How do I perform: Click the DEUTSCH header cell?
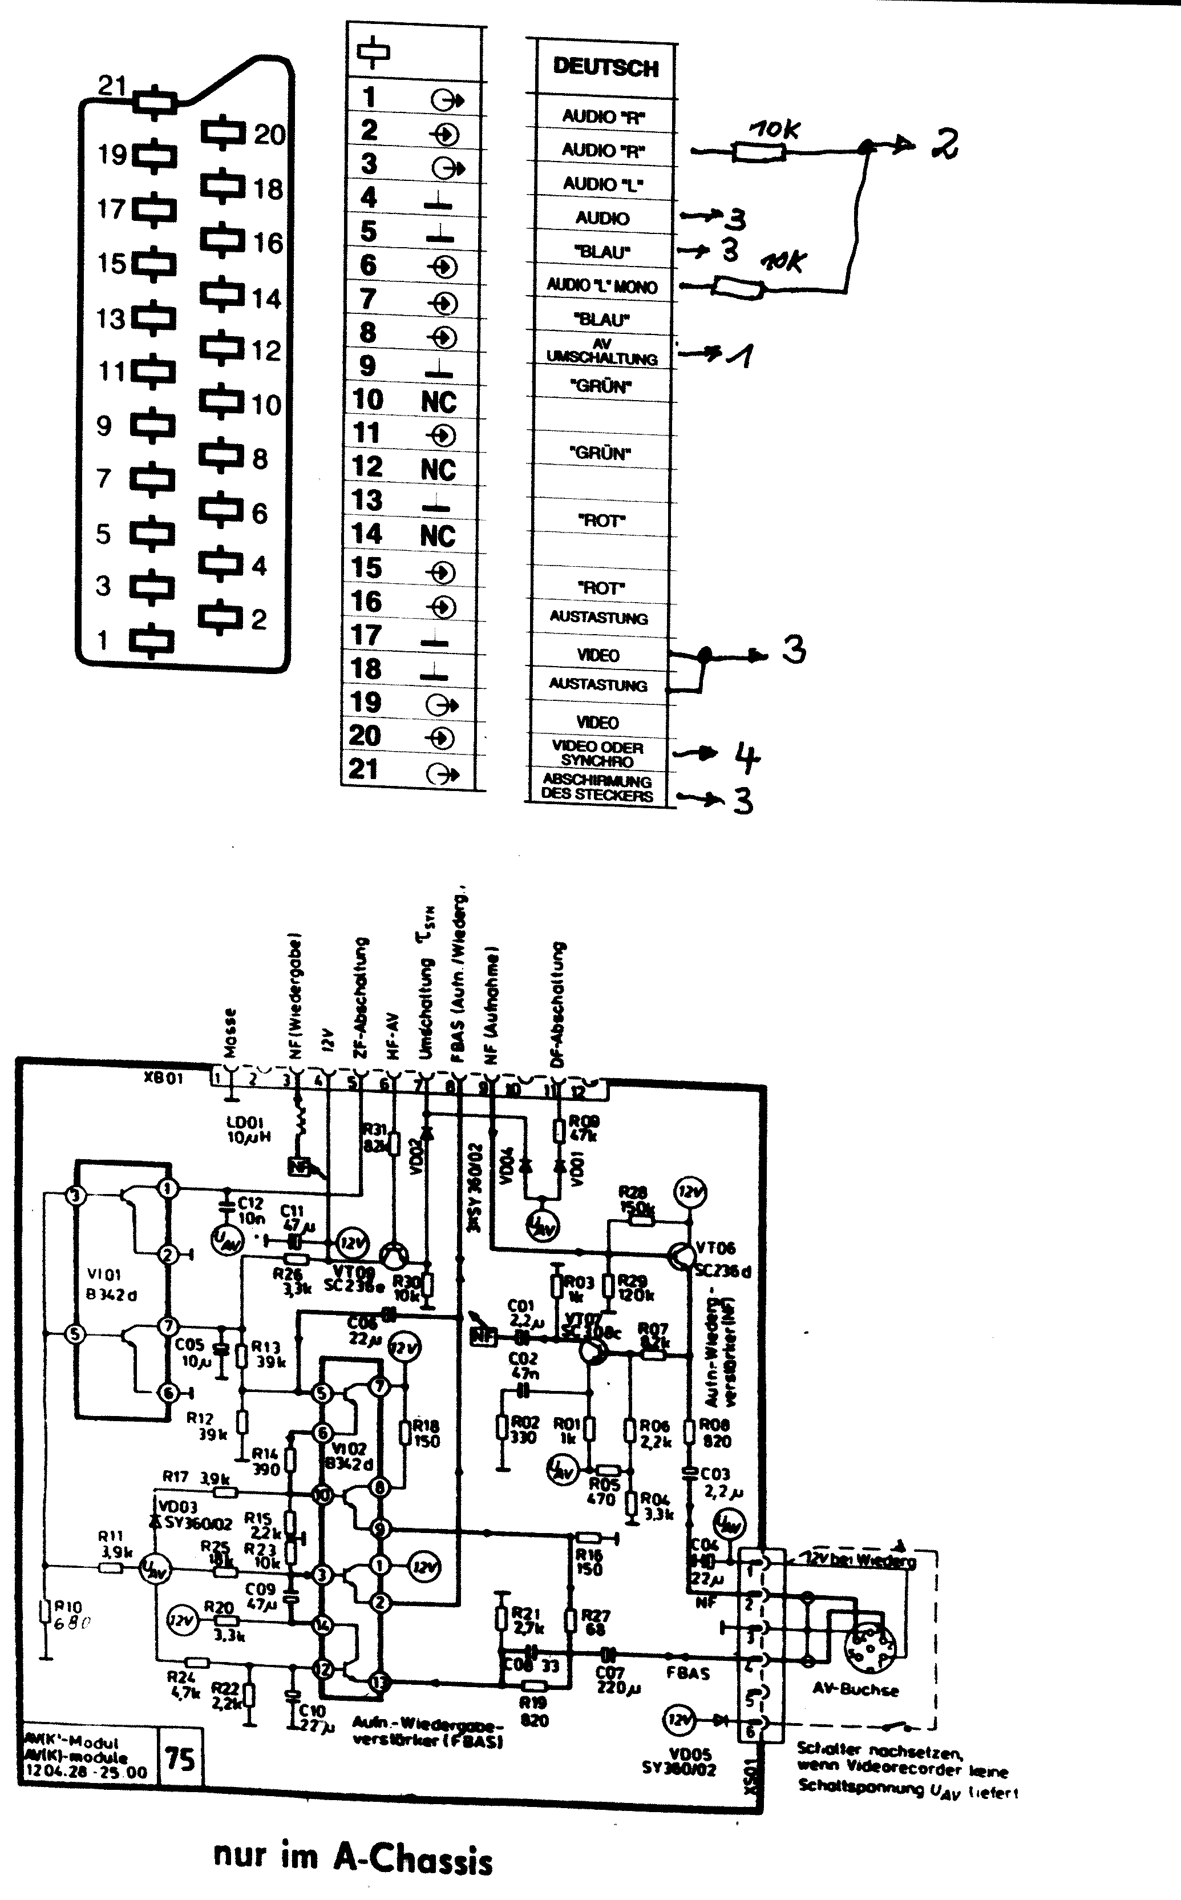(x=605, y=68)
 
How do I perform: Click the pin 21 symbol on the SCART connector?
(x=155, y=102)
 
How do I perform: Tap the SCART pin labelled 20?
(x=224, y=134)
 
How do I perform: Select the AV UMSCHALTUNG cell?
(x=601, y=352)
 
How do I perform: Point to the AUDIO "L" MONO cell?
(x=601, y=286)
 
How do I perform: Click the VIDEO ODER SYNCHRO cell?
(x=597, y=753)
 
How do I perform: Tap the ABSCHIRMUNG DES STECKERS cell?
(x=597, y=788)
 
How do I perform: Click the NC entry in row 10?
(x=438, y=402)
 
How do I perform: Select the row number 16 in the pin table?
(x=366, y=602)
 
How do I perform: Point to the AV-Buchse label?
(x=855, y=1688)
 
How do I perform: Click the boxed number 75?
(x=180, y=1760)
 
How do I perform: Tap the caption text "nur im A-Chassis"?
(x=353, y=1858)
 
